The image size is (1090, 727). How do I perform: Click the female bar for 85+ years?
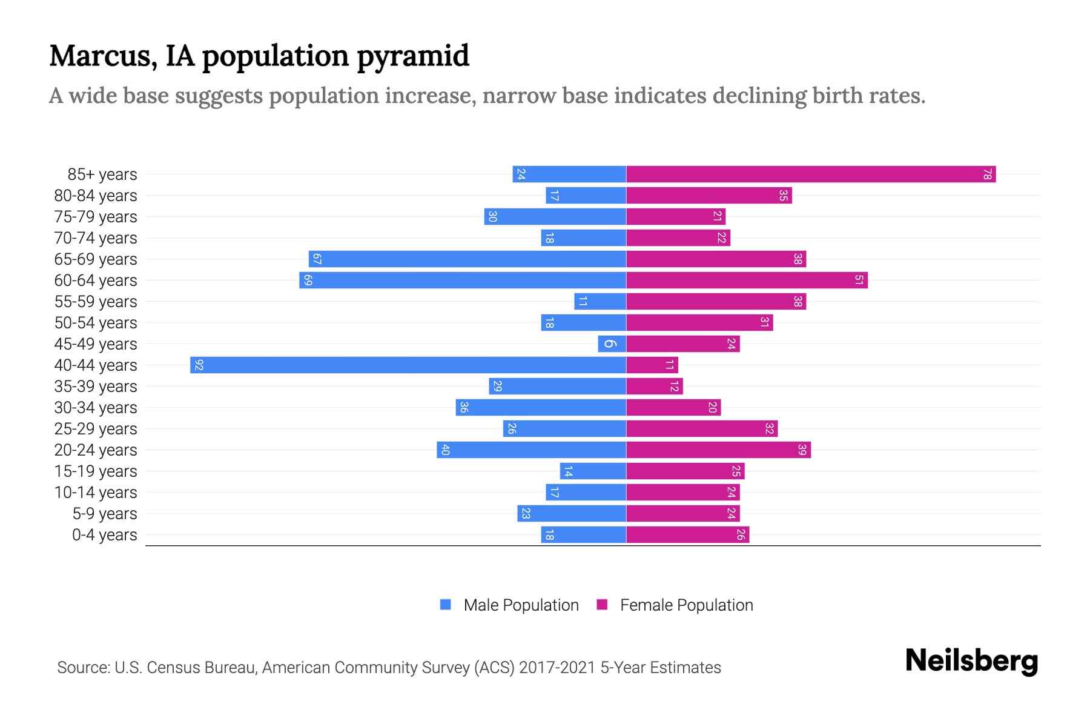tap(810, 174)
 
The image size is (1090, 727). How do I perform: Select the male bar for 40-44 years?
tap(408, 365)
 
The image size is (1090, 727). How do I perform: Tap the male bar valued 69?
tap(462, 281)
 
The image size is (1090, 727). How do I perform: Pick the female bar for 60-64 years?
tap(746, 281)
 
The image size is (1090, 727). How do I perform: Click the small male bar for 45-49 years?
tap(612, 344)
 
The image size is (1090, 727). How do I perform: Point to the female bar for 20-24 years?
tap(718, 450)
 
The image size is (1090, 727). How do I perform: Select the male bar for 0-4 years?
tap(583, 535)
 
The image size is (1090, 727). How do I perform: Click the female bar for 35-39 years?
tap(654, 387)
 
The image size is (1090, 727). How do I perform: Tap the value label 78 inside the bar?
tap(987, 174)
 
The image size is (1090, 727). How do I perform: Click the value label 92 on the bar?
tap(199, 365)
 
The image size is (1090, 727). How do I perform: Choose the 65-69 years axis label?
tap(96, 259)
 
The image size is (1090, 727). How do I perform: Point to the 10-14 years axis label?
tap(96, 493)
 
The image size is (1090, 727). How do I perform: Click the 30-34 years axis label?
tap(96, 408)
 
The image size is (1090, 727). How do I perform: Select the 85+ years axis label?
tap(102, 174)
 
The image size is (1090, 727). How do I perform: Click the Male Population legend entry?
tap(521, 605)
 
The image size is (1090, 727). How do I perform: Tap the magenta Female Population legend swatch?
tap(602, 605)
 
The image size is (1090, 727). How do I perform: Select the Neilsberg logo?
tap(971, 661)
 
